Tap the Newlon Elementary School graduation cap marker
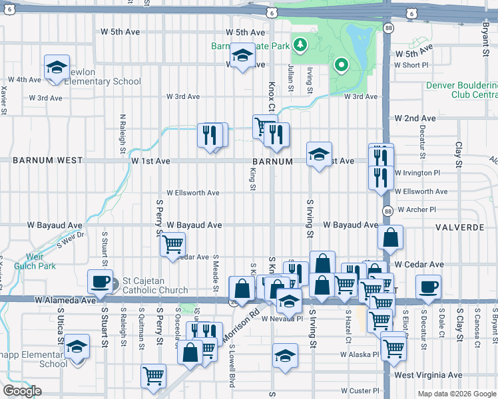pyautogui.click(x=57, y=66)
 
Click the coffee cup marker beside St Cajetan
pyautogui.click(x=101, y=281)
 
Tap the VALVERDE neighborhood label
pyautogui.click(x=459, y=227)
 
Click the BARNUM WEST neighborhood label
pyautogui.click(x=47, y=160)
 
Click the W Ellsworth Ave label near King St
pyautogui.click(x=193, y=193)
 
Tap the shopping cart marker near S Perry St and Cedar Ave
pyautogui.click(x=173, y=244)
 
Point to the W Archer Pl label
pyautogui.click(x=416, y=209)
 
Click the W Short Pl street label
pyautogui.click(x=415, y=65)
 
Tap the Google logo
pyautogui.click(x=23, y=391)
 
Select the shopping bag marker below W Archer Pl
pyautogui.click(x=390, y=236)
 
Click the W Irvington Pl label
pyautogui.click(x=417, y=172)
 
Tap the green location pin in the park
pyautogui.click(x=342, y=65)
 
